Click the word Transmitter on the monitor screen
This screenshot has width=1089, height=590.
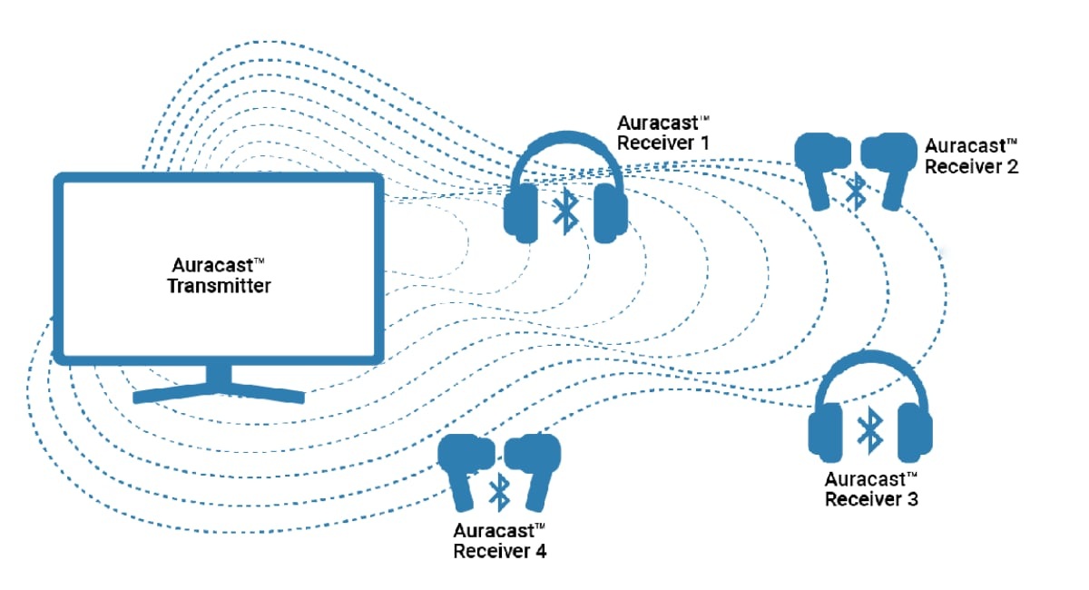219,286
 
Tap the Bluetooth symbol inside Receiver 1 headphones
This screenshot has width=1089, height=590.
565,211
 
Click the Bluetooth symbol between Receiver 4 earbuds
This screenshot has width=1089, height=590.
499,492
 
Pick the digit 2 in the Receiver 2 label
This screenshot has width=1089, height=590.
1012,166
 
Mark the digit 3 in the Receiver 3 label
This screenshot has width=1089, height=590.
912,499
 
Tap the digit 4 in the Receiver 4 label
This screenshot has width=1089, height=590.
541,552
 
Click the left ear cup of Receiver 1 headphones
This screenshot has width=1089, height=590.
521,213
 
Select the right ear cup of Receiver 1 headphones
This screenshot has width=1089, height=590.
611,213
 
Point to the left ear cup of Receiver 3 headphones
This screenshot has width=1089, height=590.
825,432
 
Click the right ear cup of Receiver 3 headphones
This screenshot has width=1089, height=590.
915,432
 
